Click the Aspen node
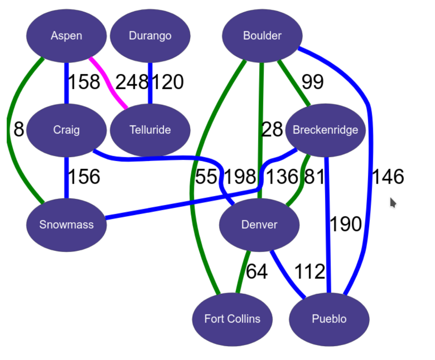[66, 36]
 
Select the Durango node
[150, 36]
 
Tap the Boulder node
[262, 36]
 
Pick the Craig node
[66, 130]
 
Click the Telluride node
[150, 130]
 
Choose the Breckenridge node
[325, 130]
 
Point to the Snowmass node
[66, 224]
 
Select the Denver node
[259, 224]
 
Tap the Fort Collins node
[232, 319]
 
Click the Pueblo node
[329, 319]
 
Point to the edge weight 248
[132, 82]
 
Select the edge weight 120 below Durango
[167, 82]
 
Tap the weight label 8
[18, 130]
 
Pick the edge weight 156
[84, 177]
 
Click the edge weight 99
[312, 82]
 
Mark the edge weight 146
[387, 177]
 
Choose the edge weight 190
[345, 224]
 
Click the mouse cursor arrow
[393, 203]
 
